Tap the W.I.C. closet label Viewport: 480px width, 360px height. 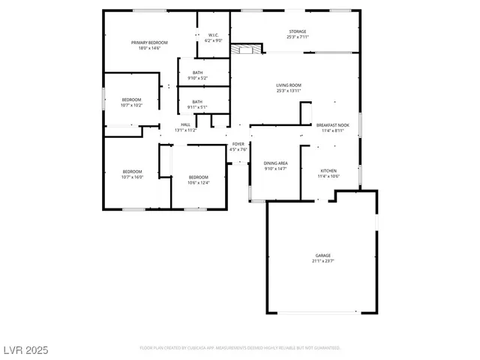(212, 34)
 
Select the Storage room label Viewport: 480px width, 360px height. (297, 31)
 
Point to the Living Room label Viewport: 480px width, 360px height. (289, 85)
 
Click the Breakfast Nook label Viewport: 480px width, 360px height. (332, 125)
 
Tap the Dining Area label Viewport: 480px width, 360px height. (276, 163)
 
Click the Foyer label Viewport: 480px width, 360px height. (238, 143)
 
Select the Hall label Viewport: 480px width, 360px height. (185, 124)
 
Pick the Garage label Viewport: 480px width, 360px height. (322, 256)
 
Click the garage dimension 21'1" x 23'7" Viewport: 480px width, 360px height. (322, 261)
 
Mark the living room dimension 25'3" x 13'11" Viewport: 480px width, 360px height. (289, 91)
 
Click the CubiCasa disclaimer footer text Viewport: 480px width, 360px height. (240, 348)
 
